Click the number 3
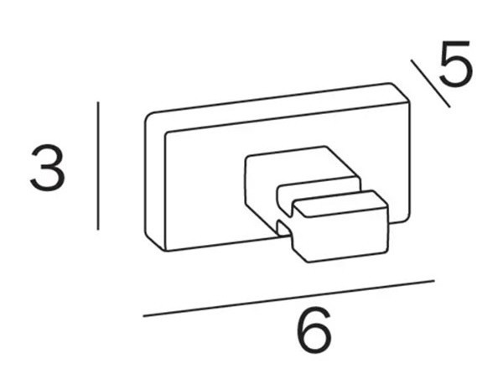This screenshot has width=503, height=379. click(x=48, y=168)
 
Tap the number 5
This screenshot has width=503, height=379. click(x=455, y=63)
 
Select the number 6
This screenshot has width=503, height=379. click(x=314, y=330)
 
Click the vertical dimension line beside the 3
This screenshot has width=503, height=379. click(x=98, y=165)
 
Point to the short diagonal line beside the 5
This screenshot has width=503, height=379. click(x=430, y=83)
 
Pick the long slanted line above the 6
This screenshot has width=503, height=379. click(x=288, y=299)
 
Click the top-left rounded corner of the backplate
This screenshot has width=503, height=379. click(x=148, y=117)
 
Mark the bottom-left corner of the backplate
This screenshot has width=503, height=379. click(x=165, y=250)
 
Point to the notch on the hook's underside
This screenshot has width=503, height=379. click(x=285, y=229)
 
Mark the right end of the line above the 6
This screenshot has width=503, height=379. click(x=434, y=281)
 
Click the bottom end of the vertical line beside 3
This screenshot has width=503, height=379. click(x=98, y=230)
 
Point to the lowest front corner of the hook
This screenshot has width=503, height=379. click(x=309, y=262)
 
